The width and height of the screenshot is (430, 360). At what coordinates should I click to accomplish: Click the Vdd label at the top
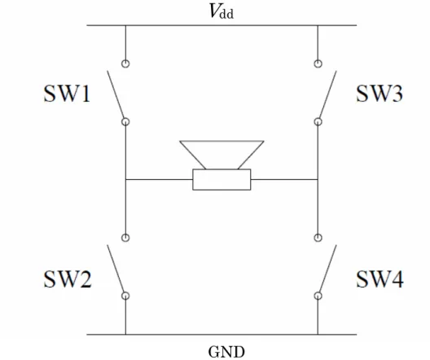tap(222, 11)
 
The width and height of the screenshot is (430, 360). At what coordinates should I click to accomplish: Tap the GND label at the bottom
tap(226, 352)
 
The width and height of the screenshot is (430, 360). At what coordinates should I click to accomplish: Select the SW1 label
tap(67, 94)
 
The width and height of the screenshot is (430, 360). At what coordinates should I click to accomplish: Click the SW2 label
tap(68, 279)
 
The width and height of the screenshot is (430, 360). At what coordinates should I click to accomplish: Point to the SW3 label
tap(380, 94)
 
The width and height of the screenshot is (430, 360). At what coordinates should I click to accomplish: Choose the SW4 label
tap(380, 279)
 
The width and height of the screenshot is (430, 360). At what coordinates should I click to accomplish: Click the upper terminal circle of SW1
tap(125, 64)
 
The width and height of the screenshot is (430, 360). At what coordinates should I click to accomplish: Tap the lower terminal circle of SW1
tap(125, 121)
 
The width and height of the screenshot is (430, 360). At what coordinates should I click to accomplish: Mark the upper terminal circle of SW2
tap(125, 238)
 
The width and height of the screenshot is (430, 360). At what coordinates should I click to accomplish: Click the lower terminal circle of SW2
tap(125, 296)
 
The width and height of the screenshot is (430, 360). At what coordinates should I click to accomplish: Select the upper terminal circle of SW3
tap(318, 64)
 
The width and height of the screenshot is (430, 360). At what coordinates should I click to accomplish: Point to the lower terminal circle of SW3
tap(318, 121)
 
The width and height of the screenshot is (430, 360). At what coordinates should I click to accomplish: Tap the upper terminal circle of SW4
tap(318, 238)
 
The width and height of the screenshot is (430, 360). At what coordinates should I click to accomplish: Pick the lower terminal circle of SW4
tap(318, 296)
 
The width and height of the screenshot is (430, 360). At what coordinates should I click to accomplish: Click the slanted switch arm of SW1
tap(115, 94)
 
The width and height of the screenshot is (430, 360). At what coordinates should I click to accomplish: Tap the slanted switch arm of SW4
tap(328, 269)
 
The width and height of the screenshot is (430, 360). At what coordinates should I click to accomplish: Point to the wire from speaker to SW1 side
tap(159, 179)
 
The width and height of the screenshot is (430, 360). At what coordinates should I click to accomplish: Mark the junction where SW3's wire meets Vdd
tap(318, 25)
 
